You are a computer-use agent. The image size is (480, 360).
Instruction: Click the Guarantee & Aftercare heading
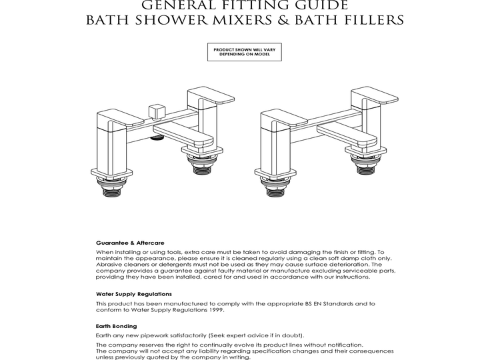pyautogui.click(x=130, y=243)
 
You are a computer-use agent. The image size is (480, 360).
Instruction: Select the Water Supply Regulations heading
pyautogui.click(x=134, y=293)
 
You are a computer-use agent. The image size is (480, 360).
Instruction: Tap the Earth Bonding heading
pyautogui.click(x=117, y=326)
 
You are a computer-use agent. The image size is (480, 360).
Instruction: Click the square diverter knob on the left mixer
pyautogui.click(x=157, y=109)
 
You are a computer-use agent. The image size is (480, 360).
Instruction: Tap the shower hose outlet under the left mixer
pyautogui.click(x=157, y=138)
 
